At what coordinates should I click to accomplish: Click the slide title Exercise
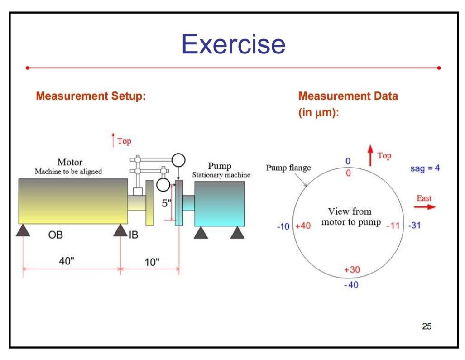tap(233, 44)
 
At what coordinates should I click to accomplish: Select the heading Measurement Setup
tap(91, 96)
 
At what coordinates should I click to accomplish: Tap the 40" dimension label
tap(67, 261)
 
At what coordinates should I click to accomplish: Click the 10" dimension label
tap(152, 262)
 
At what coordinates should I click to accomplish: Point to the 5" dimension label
tap(167, 203)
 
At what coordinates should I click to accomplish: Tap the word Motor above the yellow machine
tap(70, 162)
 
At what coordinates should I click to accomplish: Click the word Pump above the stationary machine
tap(220, 166)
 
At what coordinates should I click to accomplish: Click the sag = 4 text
tap(425, 168)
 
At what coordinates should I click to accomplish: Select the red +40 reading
tap(303, 226)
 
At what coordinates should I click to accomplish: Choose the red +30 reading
tap(352, 270)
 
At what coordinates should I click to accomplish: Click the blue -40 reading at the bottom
tap(351, 285)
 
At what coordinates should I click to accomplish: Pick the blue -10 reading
tap(283, 226)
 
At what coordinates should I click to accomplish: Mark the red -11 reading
tap(393, 226)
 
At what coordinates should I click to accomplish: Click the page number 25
tap(427, 326)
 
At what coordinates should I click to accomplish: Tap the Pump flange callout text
tap(288, 168)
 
